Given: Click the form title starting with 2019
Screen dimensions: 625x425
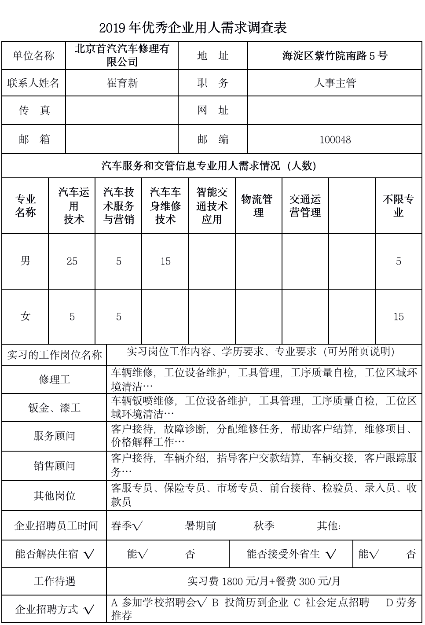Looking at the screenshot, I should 193,28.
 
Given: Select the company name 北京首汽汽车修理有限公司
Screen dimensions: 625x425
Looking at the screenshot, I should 122,55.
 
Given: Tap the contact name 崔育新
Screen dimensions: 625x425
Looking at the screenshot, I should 122,83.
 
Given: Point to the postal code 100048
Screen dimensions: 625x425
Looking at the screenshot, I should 335,140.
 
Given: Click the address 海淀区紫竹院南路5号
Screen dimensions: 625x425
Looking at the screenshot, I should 335,56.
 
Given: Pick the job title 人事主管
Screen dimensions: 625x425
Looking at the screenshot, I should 335,83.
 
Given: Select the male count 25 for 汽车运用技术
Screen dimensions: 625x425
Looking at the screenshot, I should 72,261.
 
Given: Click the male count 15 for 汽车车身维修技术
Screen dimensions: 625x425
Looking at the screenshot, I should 165,261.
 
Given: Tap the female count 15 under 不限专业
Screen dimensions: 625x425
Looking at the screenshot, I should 399,317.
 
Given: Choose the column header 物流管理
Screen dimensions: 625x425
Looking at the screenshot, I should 258,206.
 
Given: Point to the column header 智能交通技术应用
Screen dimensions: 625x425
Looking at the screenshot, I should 212,206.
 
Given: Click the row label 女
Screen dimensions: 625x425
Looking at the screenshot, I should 26,316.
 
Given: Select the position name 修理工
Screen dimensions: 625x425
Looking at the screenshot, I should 55,379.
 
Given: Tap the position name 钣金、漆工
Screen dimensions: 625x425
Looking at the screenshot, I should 55,408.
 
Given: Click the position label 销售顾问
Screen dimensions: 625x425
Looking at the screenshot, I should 55,466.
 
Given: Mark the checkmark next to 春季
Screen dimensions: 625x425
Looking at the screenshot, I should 138,526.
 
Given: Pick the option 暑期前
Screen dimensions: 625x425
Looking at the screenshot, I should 201,526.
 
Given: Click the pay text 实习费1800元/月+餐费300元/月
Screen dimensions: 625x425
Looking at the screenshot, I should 264,581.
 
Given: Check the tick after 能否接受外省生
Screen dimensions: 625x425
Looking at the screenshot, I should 331,555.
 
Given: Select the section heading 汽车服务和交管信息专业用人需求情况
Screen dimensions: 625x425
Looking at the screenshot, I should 209,166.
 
